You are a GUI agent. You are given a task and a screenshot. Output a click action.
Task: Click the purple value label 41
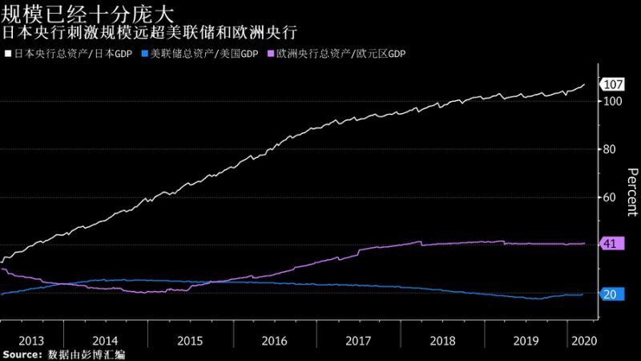click(x=610, y=244)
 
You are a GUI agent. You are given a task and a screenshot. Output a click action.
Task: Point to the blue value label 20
click(x=610, y=294)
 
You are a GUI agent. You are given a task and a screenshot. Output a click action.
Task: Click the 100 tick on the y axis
click(x=613, y=102)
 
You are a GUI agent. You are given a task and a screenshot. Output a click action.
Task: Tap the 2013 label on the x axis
click(x=31, y=340)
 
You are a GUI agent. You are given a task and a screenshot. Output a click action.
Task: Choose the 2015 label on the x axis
click(x=189, y=340)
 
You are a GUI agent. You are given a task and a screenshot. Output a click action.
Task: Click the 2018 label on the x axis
click(x=441, y=340)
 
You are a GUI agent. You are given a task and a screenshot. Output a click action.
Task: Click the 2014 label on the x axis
click(x=105, y=340)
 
